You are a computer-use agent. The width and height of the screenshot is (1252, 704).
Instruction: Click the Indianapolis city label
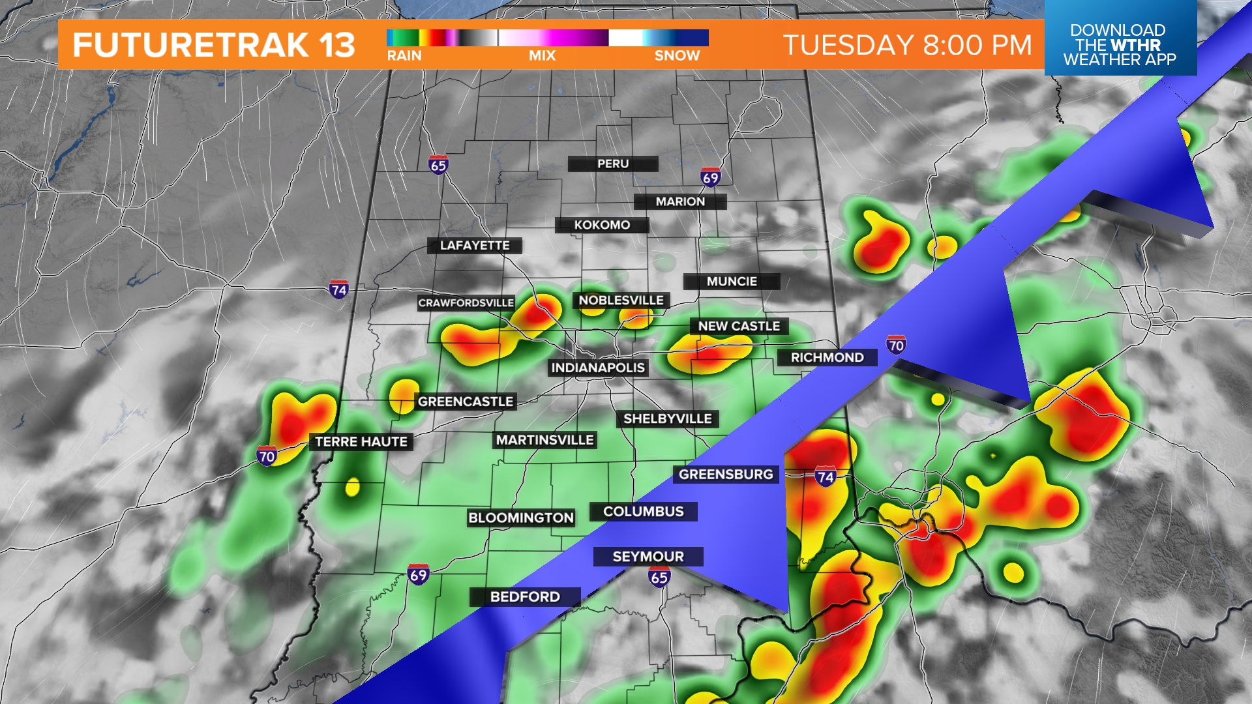[x=598, y=368]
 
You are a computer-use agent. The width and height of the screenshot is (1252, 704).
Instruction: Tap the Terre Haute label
[x=361, y=442]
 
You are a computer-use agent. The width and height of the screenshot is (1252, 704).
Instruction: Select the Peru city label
[x=613, y=164]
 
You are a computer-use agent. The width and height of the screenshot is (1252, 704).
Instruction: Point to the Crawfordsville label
[x=466, y=303]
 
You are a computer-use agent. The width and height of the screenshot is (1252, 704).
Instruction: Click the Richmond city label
[x=827, y=357]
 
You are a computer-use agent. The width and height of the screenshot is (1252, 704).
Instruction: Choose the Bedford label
[x=525, y=596]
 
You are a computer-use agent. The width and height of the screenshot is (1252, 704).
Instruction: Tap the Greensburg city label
[x=726, y=475]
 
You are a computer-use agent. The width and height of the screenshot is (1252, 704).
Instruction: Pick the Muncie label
[x=732, y=282]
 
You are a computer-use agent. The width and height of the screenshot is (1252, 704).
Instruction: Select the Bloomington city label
[x=521, y=518]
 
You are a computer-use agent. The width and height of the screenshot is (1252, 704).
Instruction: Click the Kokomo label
[x=602, y=225]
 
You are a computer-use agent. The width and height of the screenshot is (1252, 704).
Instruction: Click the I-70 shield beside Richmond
[x=896, y=345]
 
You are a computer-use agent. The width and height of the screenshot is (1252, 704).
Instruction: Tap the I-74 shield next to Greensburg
[x=825, y=477]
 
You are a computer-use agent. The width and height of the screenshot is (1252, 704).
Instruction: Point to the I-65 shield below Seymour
[x=659, y=577]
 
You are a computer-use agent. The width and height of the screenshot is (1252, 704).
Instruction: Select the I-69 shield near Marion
[x=710, y=177]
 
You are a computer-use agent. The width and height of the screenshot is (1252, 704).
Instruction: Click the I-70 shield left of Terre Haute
[x=267, y=456]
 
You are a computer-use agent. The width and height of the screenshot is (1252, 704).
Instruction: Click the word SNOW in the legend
[x=677, y=56]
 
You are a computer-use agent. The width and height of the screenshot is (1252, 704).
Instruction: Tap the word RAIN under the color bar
[x=404, y=56]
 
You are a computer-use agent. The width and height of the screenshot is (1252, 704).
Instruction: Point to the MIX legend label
[x=542, y=56]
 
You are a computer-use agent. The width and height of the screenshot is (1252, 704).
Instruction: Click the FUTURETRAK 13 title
[x=214, y=45]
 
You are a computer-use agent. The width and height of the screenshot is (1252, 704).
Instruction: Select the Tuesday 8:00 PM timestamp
[x=908, y=45]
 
